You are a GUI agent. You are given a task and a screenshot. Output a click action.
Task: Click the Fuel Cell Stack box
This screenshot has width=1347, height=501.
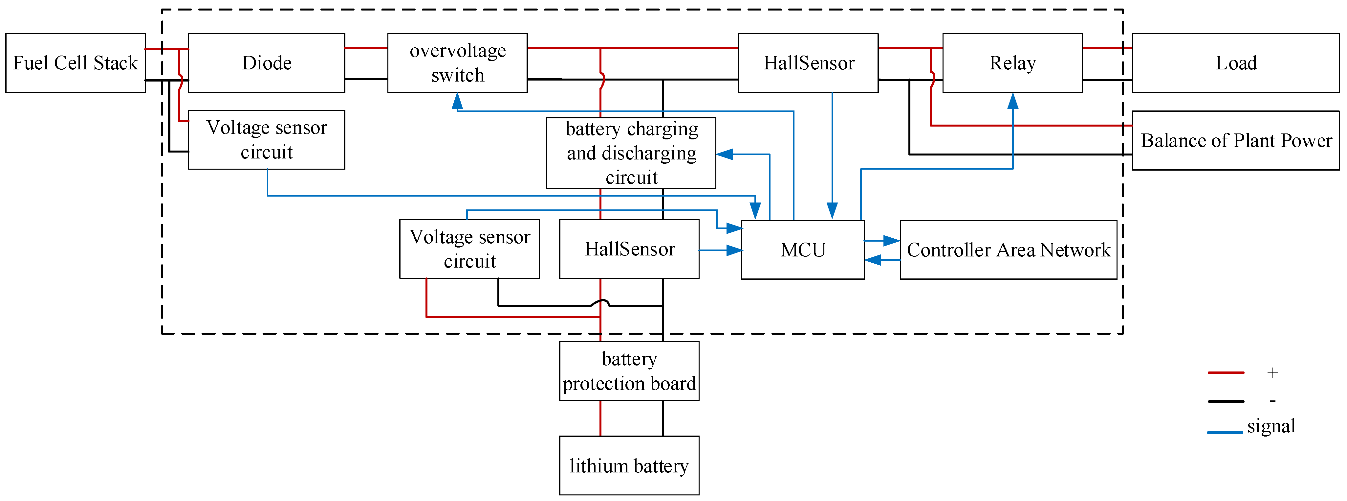[x=75, y=63]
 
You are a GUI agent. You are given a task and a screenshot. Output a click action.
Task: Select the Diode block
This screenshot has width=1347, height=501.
[x=266, y=63]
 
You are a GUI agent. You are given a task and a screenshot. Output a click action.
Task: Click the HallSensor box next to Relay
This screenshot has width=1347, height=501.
[x=808, y=63]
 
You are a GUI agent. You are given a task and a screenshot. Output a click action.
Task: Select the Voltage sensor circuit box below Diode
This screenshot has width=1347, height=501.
[x=266, y=140]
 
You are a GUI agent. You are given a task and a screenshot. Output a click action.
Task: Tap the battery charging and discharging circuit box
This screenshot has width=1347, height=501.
[x=631, y=153]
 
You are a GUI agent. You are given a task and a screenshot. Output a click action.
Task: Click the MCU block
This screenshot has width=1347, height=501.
[x=803, y=250]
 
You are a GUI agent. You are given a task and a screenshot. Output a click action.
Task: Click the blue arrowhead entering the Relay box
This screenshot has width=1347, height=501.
[x=1013, y=101]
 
